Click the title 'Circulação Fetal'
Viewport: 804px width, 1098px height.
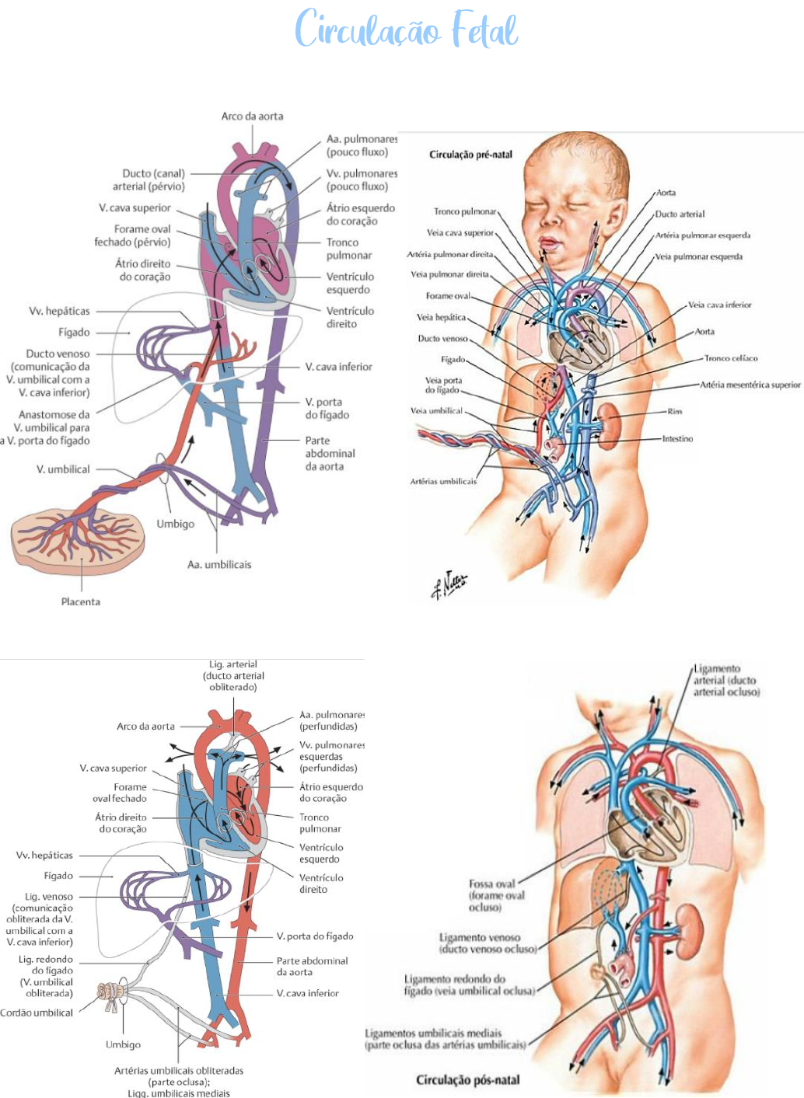point(406,30)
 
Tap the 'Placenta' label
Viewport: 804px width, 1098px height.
point(81,601)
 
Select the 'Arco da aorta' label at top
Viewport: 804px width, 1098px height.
point(252,116)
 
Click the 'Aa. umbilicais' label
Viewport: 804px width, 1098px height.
point(219,565)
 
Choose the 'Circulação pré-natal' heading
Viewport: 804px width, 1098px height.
point(470,155)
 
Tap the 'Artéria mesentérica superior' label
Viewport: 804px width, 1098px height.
point(750,385)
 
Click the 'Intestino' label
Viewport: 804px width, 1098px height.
point(677,439)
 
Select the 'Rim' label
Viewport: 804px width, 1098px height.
point(674,412)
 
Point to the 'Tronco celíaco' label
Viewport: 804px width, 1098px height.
point(730,358)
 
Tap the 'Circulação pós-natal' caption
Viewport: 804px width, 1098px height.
point(467,1079)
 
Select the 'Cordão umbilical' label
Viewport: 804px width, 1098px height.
point(37,1013)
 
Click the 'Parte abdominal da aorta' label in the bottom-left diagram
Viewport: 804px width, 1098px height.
point(312,966)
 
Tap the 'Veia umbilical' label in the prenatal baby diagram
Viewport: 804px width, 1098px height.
point(436,411)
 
